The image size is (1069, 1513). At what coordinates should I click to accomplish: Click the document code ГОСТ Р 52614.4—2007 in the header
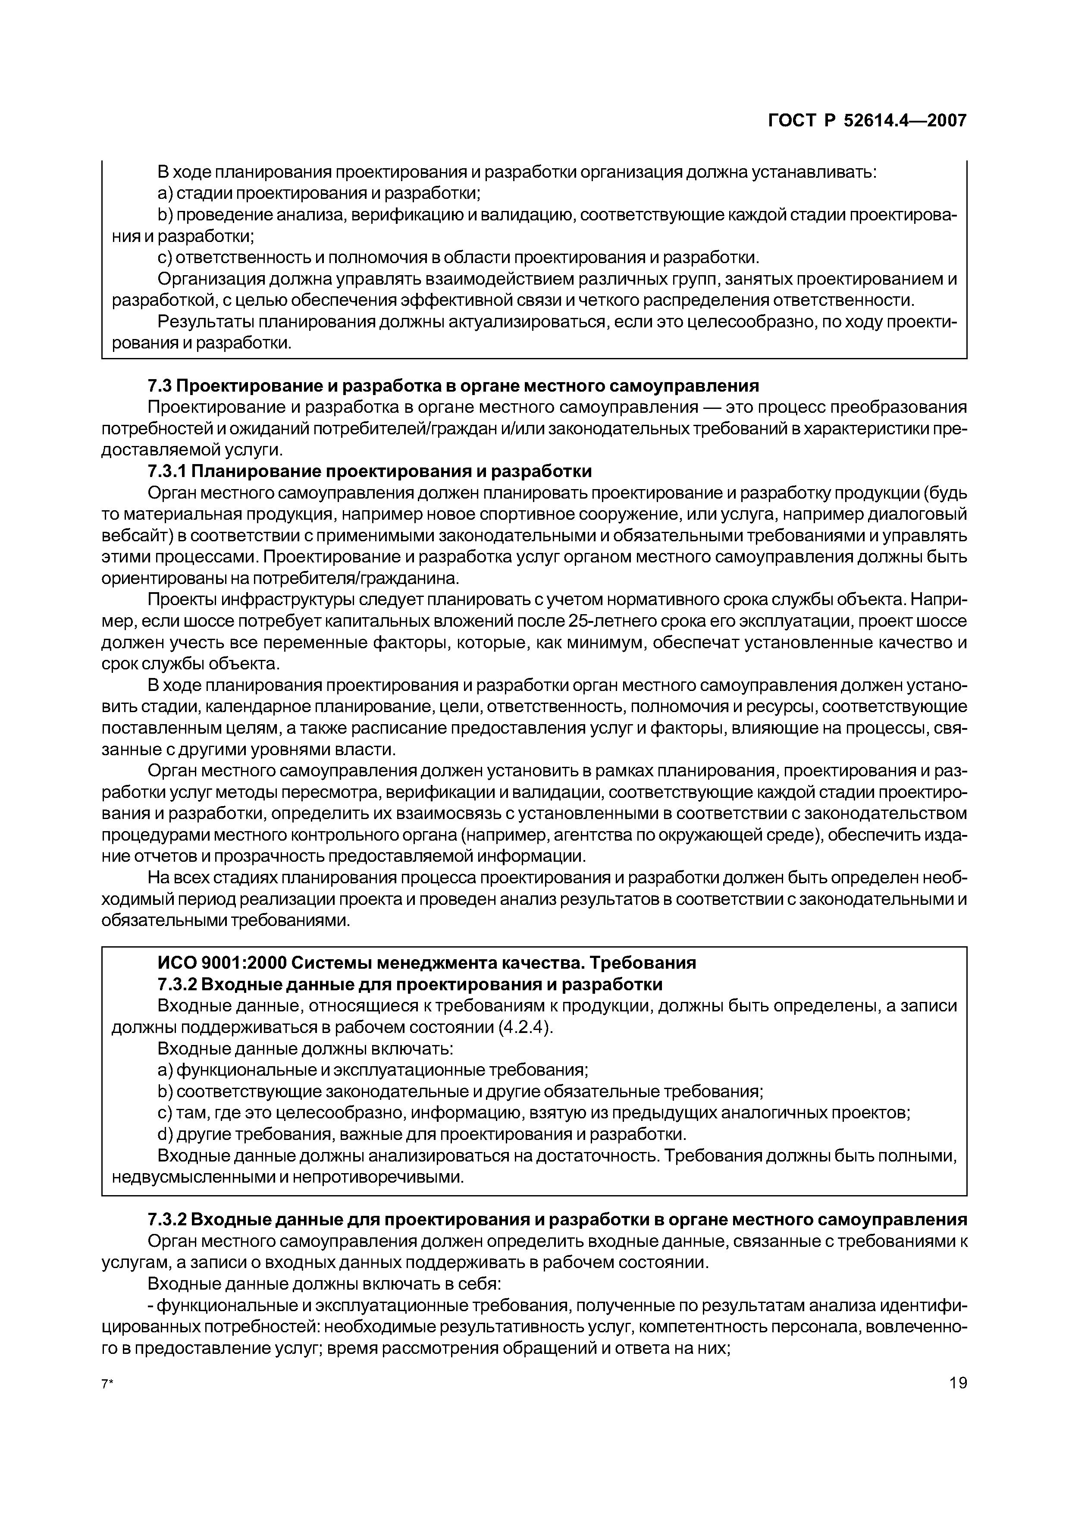(868, 121)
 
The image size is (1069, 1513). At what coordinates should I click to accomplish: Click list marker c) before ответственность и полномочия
(165, 257)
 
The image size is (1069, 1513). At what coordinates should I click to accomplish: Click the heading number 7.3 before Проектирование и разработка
(160, 386)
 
